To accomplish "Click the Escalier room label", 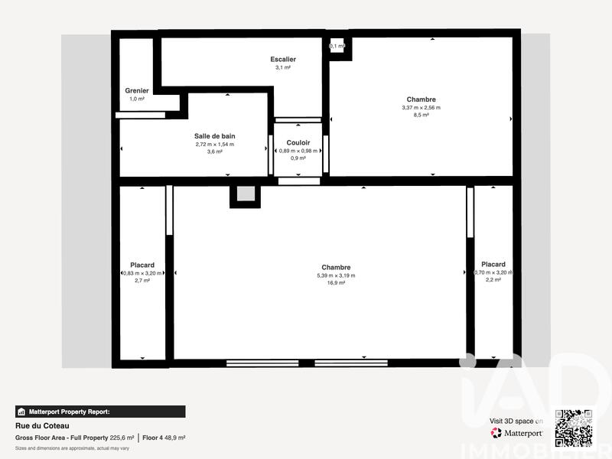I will pyautogui.click(x=283, y=60).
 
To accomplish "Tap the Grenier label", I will pyautogui.click(x=137, y=90).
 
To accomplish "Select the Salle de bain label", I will pyautogui.click(x=214, y=135).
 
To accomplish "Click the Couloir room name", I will pyautogui.click(x=298, y=143).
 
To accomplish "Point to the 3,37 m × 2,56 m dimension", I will pyautogui.click(x=421, y=108).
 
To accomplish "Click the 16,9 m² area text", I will pyautogui.click(x=337, y=283).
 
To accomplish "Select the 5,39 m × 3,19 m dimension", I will pyautogui.click(x=337, y=275).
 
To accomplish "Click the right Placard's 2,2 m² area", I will pyautogui.click(x=493, y=280).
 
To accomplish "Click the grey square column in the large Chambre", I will pyautogui.click(x=245, y=194).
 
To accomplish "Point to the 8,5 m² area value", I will pyautogui.click(x=421, y=116).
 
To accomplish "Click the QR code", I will pyautogui.click(x=573, y=428).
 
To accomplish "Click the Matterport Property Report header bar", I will pyautogui.click(x=99, y=412).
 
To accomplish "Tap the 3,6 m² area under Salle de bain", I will pyautogui.click(x=214, y=151).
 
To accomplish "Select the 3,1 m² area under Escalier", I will pyautogui.click(x=283, y=68).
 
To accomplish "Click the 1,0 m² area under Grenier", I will pyautogui.click(x=137, y=99).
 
